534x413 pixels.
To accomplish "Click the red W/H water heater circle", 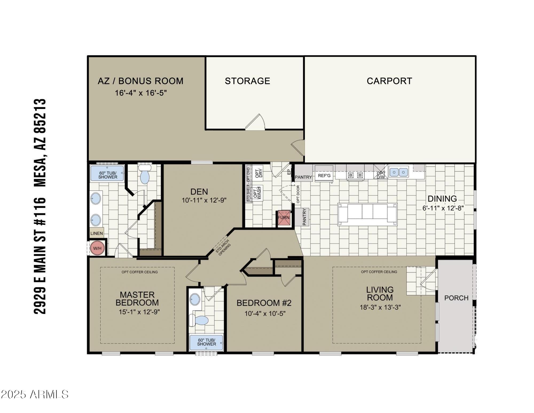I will click(x=97, y=248).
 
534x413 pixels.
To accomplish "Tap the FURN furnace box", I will click(x=284, y=218).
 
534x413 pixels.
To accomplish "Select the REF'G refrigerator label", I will click(x=324, y=176).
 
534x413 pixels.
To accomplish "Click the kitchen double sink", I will click(x=398, y=172).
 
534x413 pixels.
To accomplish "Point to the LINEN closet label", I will click(x=97, y=233).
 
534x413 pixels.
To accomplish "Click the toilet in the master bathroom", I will click(x=145, y=174).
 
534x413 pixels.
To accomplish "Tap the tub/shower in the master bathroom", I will click(x=107, y=173).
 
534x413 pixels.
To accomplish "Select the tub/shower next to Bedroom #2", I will click(x=206, y=342).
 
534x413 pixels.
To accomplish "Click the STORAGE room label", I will click(x=247, y=81).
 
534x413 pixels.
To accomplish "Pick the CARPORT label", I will click(x=389, y=81).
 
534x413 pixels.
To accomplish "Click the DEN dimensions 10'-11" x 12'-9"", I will click(x=204, y=200).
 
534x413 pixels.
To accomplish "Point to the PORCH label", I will click(x=456, y=298).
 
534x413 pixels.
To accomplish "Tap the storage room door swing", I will click(x=256, y=123).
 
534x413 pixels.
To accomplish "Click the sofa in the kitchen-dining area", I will click(x=367, y=214).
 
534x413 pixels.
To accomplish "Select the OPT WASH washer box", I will click(x=258, y=192).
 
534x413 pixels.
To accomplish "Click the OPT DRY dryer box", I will click(x=258, y=173).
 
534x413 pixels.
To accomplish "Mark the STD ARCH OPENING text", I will click(x=223, y=248).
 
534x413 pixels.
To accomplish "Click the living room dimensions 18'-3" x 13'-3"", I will click(x=380, y=307).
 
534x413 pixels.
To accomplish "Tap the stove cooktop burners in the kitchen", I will click(x=355, y=175).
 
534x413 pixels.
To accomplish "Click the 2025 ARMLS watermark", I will click(x=35, y=394).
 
